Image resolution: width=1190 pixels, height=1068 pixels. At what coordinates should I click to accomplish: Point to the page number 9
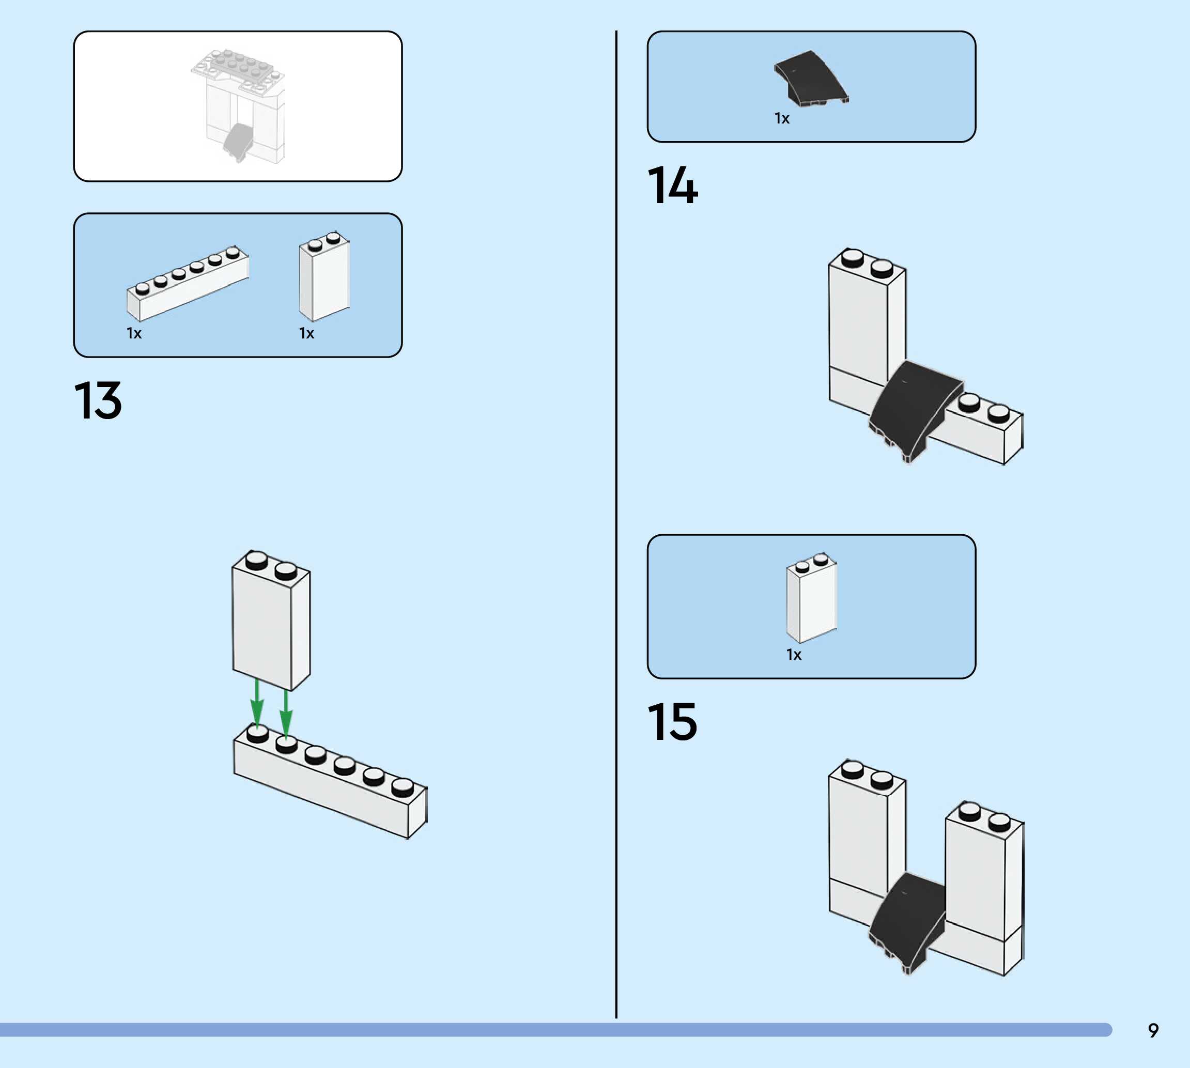[1153, 1030]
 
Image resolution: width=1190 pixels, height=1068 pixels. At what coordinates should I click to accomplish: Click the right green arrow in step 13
[286, 713]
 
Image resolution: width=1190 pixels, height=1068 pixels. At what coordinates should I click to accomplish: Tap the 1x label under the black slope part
[782, 118]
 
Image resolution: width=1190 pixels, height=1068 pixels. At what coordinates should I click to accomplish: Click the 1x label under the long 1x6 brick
[134, 333]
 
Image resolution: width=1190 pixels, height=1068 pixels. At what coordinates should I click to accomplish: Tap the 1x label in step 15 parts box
[793, 654]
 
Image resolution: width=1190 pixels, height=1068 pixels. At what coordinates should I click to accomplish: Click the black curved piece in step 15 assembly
[907, 921]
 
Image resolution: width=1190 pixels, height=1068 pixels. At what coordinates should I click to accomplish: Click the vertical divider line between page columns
[616, 528]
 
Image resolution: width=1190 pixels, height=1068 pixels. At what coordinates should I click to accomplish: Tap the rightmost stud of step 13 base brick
[403, 786]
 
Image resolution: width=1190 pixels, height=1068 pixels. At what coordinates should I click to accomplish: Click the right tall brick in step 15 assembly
[983, 874]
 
